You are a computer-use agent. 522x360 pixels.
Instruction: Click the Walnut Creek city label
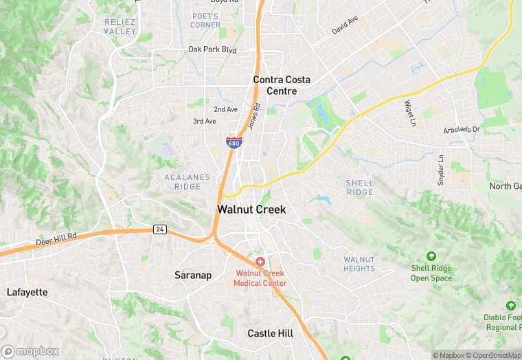click(x=251, y=210)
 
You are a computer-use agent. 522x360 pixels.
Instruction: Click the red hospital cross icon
click(x=260, y=262)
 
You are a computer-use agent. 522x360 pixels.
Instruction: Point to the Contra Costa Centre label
click(x=282, y=85)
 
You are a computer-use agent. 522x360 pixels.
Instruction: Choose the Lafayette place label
click(x=27, y=292)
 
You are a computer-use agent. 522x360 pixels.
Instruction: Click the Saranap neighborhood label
click(x=193, y=275)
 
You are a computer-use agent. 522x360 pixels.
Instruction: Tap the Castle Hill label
click(x=270, y=333)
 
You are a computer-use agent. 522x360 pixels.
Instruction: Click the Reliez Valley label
click(x=120, y=27)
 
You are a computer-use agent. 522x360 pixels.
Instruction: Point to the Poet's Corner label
click(x=206, y=21)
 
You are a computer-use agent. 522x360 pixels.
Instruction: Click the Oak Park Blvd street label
click(x=212, y=49)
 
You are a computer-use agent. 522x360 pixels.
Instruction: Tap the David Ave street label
click(x=345, y=26)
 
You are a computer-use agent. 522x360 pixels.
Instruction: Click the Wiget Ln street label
click(x=410, y=108)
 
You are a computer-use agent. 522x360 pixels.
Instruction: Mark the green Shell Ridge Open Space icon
click(x=431, y=256)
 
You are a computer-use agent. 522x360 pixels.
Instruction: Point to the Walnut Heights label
click(x=359, y=264)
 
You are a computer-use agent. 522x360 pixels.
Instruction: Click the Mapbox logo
click(x=30, y=351)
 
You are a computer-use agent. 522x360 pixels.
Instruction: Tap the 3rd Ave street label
click(x=204, y=121)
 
